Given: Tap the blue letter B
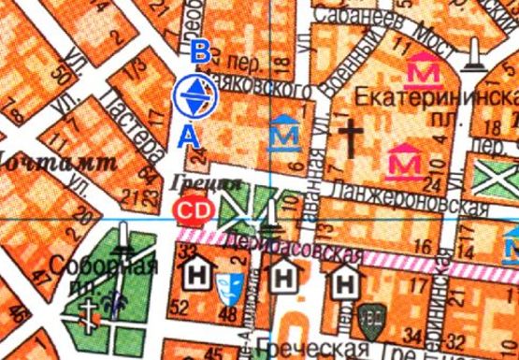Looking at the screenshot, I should [197, 52].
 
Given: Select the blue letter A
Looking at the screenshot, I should [190, 137].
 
